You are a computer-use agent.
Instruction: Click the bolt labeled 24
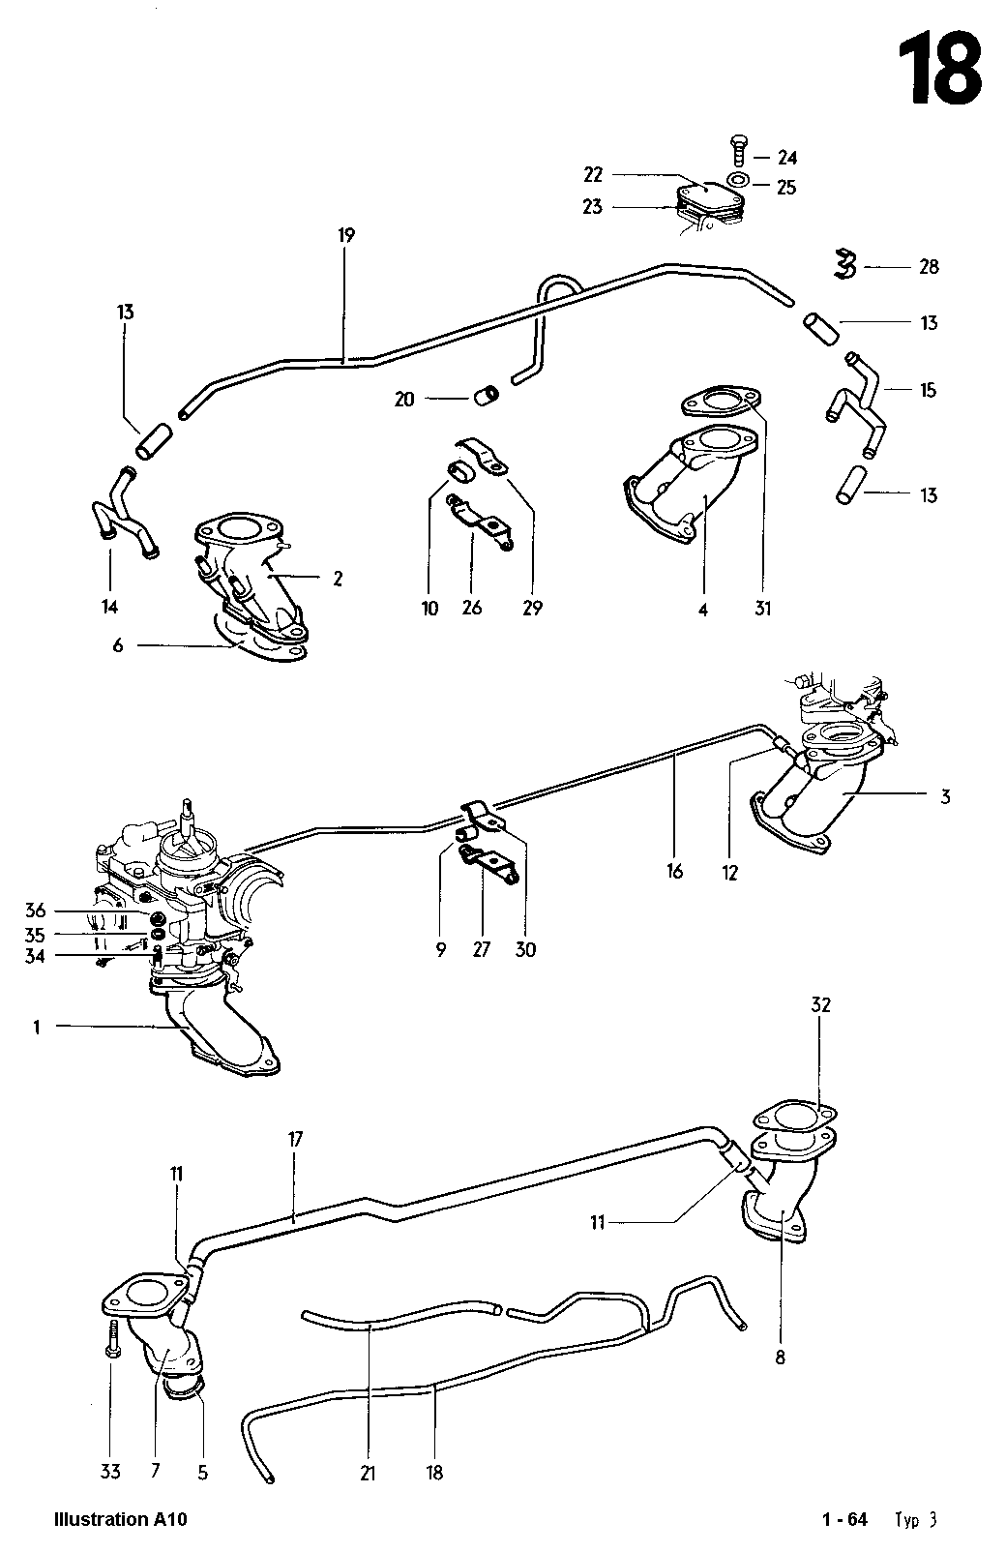[734, 155]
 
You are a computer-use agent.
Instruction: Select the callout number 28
[928, 266]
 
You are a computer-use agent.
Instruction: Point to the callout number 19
[347, 234]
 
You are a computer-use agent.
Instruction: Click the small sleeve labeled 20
[489, 396]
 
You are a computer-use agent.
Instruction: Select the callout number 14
[110, 607]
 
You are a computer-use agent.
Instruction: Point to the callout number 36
[35, 910]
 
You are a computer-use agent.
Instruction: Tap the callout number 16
[674, 872]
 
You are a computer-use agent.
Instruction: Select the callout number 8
[780, 1357]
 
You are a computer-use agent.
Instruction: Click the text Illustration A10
[121, 1519]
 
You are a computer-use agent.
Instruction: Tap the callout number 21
[369, 1473]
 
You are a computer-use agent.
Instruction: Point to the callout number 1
[37, 1028]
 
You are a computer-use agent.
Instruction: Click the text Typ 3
[916, 1519]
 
